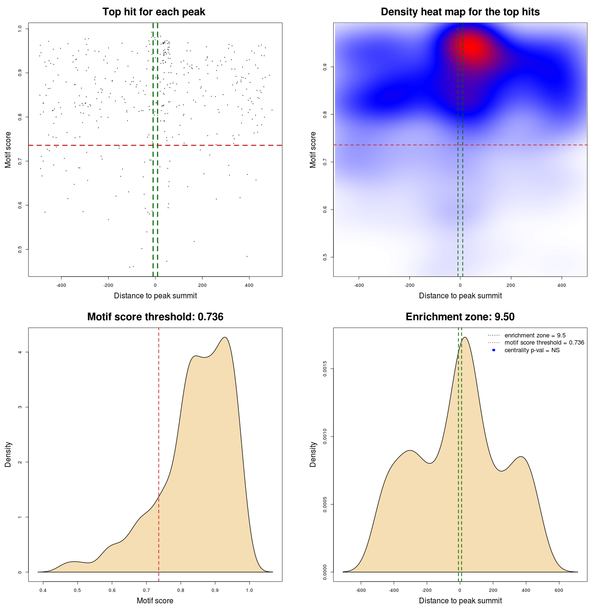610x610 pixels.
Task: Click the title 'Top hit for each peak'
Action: point(153,12)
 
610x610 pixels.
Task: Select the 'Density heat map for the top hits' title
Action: point(460,12)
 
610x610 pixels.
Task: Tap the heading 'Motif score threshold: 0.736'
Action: point(155,317)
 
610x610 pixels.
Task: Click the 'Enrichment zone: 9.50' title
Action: point(460,317)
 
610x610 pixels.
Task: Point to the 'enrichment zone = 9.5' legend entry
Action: point(535,335)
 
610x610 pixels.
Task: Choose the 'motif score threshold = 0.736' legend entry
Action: point(544,343)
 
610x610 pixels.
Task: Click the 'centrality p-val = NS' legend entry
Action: point(532,350)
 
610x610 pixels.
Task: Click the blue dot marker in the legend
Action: point(494,350)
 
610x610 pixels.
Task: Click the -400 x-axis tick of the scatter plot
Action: point(61,285)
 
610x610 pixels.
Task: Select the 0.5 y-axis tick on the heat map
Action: point(325,257)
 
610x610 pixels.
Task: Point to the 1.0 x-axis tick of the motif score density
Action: point(249,590)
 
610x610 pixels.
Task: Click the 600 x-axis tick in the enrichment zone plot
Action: point(559,590)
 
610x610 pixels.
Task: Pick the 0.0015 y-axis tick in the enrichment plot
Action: point(325,368)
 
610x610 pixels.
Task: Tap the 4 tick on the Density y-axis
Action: point(20,352)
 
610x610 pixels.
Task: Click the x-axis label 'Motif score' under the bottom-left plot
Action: point(155,601)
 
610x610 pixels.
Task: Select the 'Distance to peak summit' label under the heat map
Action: point(460,296)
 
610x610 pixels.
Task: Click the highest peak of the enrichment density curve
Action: point(465,337)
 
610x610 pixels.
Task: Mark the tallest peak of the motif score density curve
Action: point(224,337)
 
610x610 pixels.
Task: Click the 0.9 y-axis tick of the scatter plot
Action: point(20,73)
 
